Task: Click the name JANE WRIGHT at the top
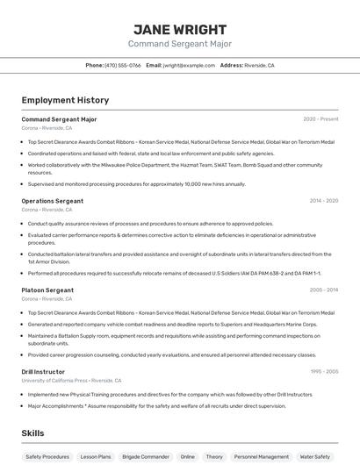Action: (x=179, y=29)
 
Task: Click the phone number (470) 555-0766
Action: (x=122, y=65)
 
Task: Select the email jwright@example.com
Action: (x=189, y=65)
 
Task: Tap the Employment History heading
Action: (x=65, y=100)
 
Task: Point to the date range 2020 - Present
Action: (x=320, y=119)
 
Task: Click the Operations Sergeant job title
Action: (x=53, y=201)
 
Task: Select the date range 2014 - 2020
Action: (x=323, y=201)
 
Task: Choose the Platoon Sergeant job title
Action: (x=47, y=290)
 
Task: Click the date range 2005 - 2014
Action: (x=323, y=290)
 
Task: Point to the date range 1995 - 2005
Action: (x=323, y=371)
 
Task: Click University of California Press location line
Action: (x=71, y=381)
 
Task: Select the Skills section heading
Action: (x=32, y=433)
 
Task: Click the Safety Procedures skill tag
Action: (x=47, y=456)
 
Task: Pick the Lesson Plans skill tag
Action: (x=96, y=456)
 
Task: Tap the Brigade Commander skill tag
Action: (x=146, y=456)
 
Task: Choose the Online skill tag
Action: (x=188, y=456)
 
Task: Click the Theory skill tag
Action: (x=214, y=456)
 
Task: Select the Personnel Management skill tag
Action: (x=262, y=456)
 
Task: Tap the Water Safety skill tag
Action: (x=315, y=456)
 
